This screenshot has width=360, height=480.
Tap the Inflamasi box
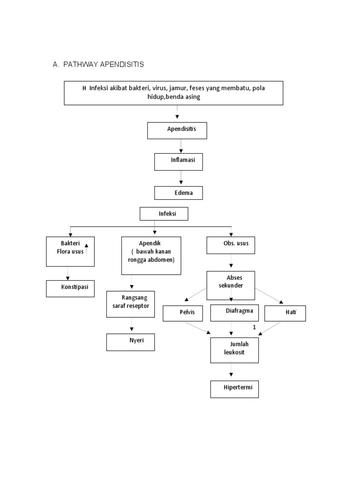coord(178,162)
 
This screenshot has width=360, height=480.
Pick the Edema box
coord(178,193)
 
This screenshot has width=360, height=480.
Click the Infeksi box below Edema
coord(164,214)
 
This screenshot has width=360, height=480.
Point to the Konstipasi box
coord(70,288)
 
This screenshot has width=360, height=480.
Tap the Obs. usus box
coord(231,245)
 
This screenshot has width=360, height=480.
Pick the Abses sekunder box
coord(231,285)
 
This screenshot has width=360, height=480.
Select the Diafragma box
coord(234,313)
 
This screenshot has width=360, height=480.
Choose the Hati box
coord(285,313)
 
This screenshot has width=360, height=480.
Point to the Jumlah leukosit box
coord(234,349)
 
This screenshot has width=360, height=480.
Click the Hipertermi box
coord(234,389)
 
